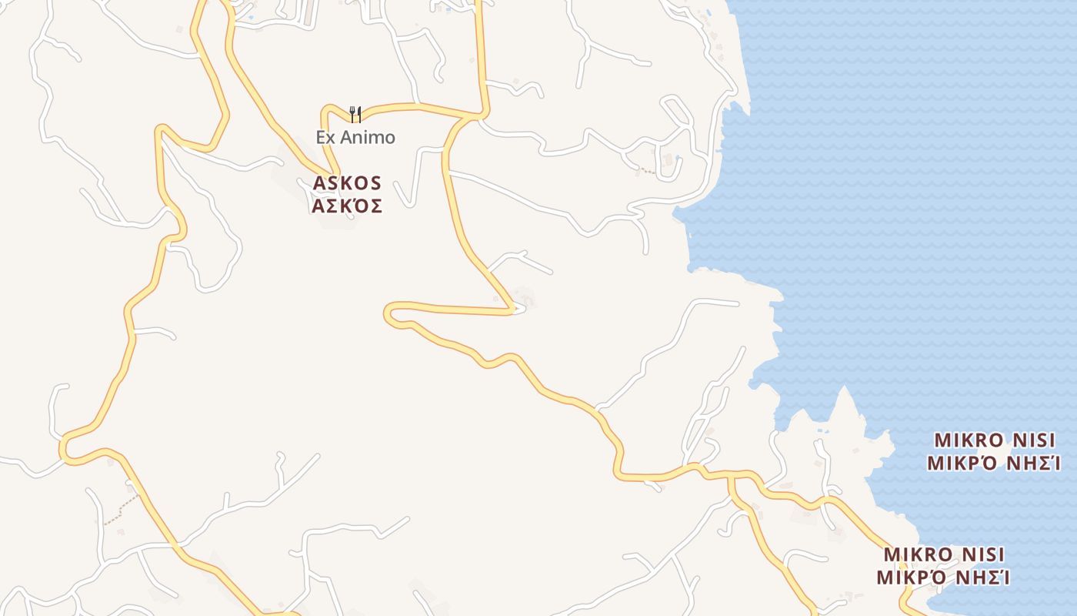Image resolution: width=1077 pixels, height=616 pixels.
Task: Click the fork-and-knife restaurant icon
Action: pyautogui.click(x=355, y=115)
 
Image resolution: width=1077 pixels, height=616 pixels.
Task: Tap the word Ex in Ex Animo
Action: pyautogui.click(x=326, y=138)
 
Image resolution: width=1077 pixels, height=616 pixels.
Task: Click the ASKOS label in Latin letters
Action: pyautogui.click(x=347, y=183)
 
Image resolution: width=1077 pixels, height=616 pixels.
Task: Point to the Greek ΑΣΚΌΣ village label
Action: pyautogui.click(x=347, y=206)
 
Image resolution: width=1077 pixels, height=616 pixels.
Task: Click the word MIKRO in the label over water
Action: pyautogui.click(x=969, y=440)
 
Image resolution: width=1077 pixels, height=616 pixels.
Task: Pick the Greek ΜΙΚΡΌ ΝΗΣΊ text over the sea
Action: pyautogui.click(x=994, y=464)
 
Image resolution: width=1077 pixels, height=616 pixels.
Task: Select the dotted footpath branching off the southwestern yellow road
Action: pyautogui.click(x=123, y=508)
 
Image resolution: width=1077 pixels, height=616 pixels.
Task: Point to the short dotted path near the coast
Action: pyautogui.click(x=646, y=170)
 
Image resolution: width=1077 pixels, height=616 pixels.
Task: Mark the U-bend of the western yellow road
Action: pyautogui.click(x=65, y=447)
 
